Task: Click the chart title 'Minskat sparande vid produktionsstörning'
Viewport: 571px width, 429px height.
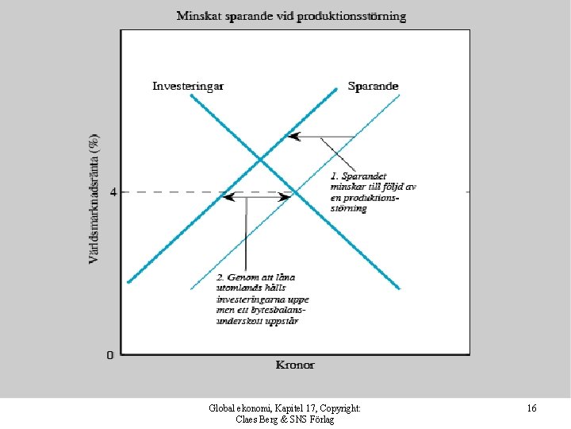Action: point(290,15)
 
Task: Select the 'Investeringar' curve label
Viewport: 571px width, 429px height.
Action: point(188,86)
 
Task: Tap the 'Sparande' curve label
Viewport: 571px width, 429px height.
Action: point(373,86)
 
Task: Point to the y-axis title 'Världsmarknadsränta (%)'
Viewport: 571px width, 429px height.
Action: point(94,198)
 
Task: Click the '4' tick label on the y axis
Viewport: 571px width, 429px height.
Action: point(113,191)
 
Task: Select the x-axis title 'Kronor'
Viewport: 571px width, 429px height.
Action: point(295,365)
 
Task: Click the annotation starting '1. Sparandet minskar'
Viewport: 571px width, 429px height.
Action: point(373,191)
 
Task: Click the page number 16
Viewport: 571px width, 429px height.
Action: point(531,408)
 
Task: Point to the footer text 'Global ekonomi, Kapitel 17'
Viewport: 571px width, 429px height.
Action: point(285,408)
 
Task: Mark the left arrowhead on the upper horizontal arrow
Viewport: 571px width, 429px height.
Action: point(289,137)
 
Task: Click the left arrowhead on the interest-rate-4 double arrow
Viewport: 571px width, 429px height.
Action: point(226,196)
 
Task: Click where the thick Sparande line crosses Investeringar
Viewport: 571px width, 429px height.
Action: point(262,160)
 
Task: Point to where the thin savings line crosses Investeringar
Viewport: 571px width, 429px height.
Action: point(294,191)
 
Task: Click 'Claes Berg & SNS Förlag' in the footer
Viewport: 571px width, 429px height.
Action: point(285,419)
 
